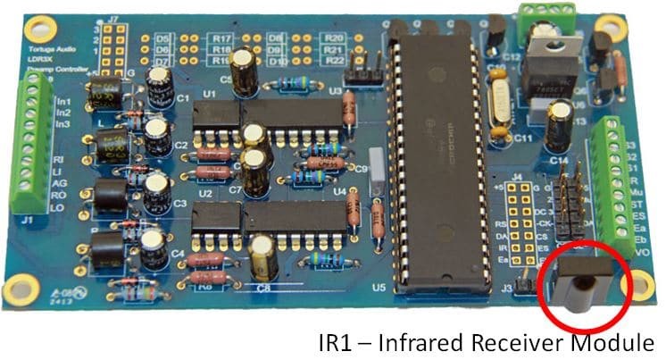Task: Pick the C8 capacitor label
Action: tap(263, 288)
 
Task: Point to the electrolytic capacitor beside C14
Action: tap(562, 125)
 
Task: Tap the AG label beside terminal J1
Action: tap(59, 182)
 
